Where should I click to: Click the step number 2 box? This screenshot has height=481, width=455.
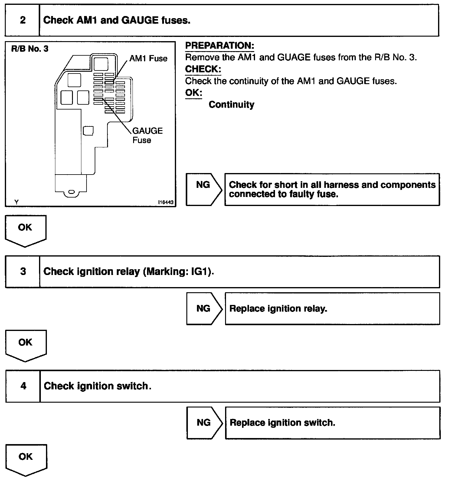[x=22, y=21]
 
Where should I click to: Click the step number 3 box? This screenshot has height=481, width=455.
[x=23, y=271]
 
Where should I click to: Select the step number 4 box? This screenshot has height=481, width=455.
[x=23, y=386]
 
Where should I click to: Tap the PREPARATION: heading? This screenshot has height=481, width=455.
[x=220, y=46]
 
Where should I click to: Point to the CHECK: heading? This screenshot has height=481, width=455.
[x=203, y=69]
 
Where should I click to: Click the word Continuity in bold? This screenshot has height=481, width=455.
[x=231, y=105]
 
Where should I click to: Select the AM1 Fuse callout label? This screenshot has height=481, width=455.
[x=148, y=58]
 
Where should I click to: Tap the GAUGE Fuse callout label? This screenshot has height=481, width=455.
[x=147, y=135]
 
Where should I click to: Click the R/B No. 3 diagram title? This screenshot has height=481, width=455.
[x=30, y=49]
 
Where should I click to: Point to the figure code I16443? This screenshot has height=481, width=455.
[x=166, y=202]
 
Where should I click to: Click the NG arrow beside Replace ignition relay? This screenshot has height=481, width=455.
[x=204, y=309]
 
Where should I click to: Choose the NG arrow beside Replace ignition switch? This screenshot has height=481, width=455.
[x=204, y=423]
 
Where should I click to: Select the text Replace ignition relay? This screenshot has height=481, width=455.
[x=278, y=309]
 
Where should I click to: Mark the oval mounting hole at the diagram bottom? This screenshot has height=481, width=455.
[x=71, y=192]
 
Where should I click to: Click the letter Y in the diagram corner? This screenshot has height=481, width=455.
[x=16, y=202]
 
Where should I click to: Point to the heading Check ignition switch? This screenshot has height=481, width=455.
[x=97, y=386]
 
